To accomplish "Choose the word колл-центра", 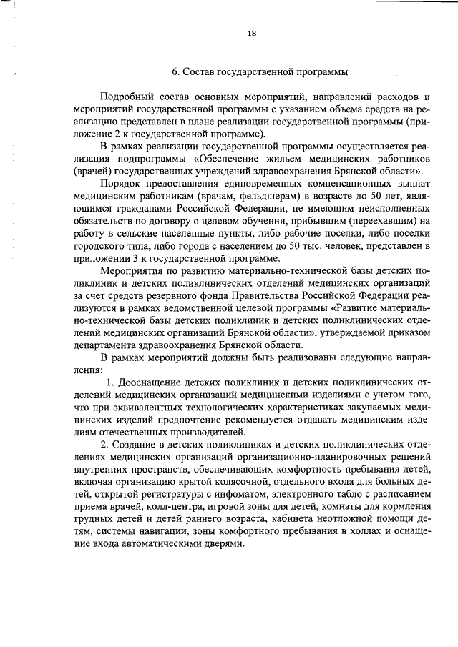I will [169, 506].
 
